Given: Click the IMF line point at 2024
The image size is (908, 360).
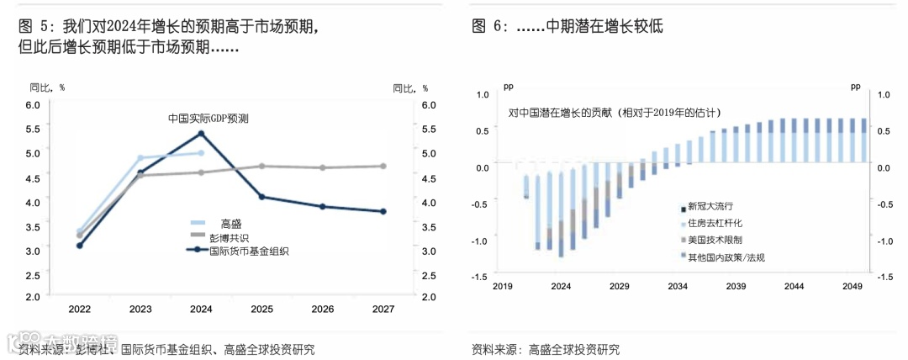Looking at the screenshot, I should coord(201,133).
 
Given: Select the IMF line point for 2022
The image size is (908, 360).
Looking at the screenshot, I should coord(80,246).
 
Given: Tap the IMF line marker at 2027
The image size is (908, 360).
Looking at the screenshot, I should coord(383,211).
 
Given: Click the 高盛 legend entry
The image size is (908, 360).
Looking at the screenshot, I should coord(231,224).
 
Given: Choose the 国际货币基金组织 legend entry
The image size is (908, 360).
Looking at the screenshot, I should coord(249,250).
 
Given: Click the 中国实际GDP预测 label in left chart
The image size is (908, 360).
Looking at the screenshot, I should coord(209,119).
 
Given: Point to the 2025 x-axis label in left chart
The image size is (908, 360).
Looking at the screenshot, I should coord(261,310).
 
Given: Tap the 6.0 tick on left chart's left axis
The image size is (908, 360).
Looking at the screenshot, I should coord(33,105).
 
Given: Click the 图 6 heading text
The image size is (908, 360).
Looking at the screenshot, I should coord(567,25).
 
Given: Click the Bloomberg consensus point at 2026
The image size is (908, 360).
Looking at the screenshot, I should coord(322,167).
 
